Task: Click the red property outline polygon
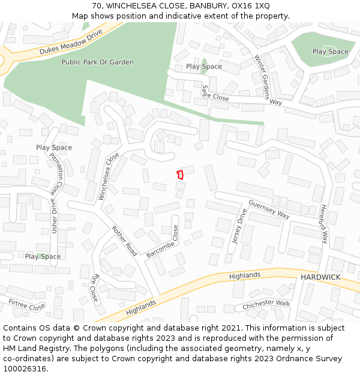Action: point(179,175)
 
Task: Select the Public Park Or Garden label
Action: point(97,62)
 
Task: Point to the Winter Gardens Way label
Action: point(267,80)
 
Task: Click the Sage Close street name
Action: point(215,93)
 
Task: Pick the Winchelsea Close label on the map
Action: point(109,176)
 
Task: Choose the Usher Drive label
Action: point(55,217)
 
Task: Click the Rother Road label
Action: point(124,239)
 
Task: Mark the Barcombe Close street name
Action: point(163,241)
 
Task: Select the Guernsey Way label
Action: point(269,209)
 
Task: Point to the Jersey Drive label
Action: point(239,226)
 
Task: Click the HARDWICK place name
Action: point(320,277)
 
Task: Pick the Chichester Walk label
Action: point(266,305)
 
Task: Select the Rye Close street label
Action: point(94,288)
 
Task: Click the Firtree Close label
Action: point(26,305)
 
